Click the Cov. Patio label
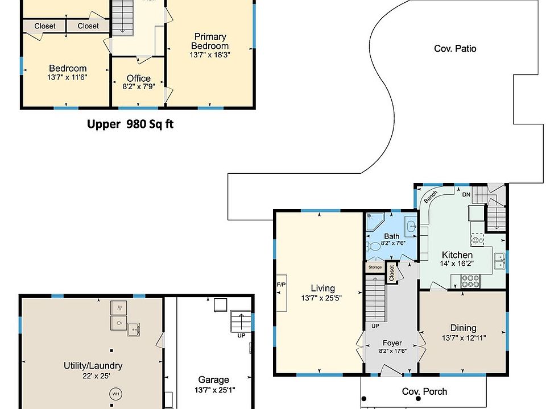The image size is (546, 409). [x=455, y=49]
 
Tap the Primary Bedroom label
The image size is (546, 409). [x=210, y=41]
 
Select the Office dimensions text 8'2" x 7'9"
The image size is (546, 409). [x=139, y=86]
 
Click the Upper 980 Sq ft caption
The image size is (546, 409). [x=130, y=124]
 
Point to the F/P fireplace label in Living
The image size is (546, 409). [x=281, y=285]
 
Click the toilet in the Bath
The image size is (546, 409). [x=373, y=247]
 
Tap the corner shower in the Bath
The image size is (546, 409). [x=375, y=222]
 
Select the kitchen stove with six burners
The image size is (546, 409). [x=470, y=281]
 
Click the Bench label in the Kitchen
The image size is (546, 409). [x=431, y=197]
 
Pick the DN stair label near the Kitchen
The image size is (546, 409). [x=466, y=194]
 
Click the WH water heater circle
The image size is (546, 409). [x=115, y=394]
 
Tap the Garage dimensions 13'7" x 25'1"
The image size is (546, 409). [x=215, y=390]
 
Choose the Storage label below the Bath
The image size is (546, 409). [x=375, y=267]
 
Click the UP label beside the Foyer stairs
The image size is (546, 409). [x=375, y=326]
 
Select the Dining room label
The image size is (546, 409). [x=463, y=328]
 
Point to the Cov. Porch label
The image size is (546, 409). [x=424, y=391]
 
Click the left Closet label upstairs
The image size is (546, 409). [x=45, y=26]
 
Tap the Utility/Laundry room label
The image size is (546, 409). [x=93, y=366]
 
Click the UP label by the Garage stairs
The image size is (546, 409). [x=241, y=336]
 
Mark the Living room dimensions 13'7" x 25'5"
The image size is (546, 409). [x=321, y=298]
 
